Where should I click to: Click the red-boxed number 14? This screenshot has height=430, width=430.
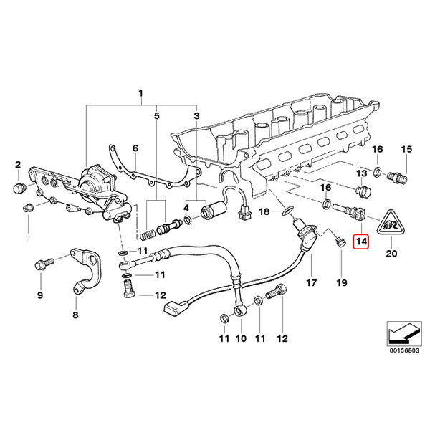click(362, 242)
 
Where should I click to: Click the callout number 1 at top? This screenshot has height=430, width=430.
click(141, 94)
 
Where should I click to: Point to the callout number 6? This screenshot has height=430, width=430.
click(134, 148)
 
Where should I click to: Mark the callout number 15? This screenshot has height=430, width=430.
click(406, 149)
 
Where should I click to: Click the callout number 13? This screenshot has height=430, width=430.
click(362, 174)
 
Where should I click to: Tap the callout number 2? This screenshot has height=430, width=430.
click(19, 166)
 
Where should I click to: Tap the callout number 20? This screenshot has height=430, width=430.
click(391, 253)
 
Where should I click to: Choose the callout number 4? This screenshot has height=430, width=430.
click(186, 208)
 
